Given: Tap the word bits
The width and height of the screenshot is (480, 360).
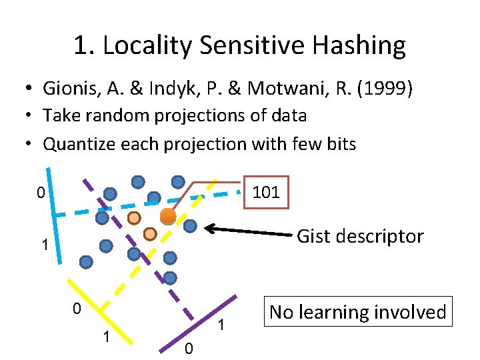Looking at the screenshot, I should [x=339, y=143].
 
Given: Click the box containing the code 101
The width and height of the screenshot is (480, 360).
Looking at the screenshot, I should [x=267, y=193].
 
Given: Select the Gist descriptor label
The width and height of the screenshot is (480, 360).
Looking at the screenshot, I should [x=359, y=236].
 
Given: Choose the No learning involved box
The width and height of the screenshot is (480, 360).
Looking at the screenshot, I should [x=358, y=311].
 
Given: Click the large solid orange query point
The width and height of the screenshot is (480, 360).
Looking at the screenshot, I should [x=168, y=216].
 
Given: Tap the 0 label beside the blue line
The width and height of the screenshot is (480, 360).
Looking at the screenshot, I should [x=41, y=195].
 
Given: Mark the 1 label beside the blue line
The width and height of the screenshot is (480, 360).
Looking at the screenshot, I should [x=44, y=245].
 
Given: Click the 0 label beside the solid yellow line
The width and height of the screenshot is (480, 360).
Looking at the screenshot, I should [x=77, y=309].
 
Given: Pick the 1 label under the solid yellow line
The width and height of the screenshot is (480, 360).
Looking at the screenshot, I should [x=106, y=336].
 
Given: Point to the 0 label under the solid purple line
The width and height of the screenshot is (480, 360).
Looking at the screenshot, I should [x=188, y=348].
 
